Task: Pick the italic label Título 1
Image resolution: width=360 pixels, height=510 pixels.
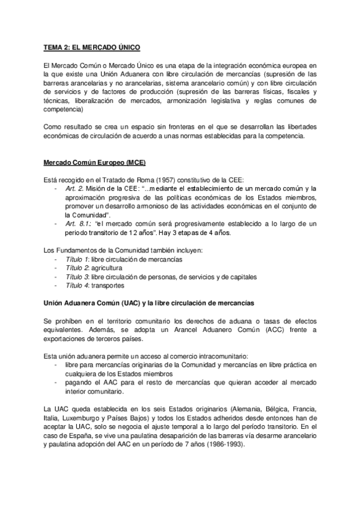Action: tap(76, 259)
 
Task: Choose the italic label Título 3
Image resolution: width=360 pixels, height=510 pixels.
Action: tap(76, 277)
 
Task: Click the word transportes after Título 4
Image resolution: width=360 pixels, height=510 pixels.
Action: tap(108, 286)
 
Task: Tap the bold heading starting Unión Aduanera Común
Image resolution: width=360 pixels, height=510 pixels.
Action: tap(148, 303)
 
